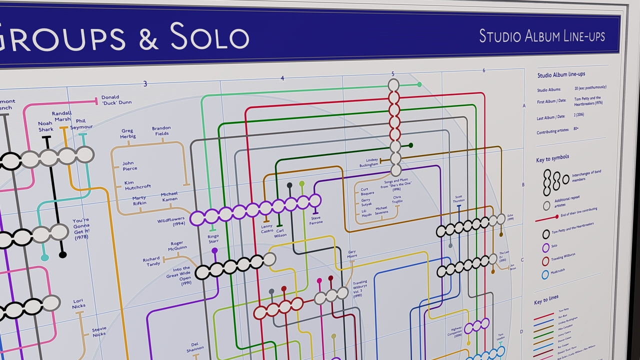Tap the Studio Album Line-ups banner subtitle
point(542,36)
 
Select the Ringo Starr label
point(213,238)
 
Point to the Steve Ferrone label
point(315,220)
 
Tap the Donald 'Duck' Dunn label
point(116,100)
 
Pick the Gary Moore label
point(352,254)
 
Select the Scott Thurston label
point(458,199)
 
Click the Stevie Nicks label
point(99,331)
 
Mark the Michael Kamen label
point(169,196)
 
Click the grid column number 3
point(145,84)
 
